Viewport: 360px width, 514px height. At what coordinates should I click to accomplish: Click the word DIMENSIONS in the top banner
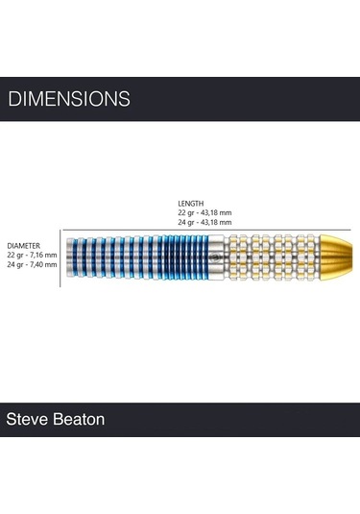click(68, 99)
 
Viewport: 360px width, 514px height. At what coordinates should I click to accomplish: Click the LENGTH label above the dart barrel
click(190, 203)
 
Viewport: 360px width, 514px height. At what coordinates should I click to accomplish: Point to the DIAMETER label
click(23, 246)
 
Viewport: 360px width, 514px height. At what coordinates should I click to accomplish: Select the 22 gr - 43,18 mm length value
click(208, 212)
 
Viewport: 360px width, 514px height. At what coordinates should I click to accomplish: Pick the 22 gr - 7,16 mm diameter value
click(32, 256)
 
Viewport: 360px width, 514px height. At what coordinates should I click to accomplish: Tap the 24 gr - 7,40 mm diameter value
click(32, 265)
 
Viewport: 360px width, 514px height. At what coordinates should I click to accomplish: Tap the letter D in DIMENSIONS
click(12, 99)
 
